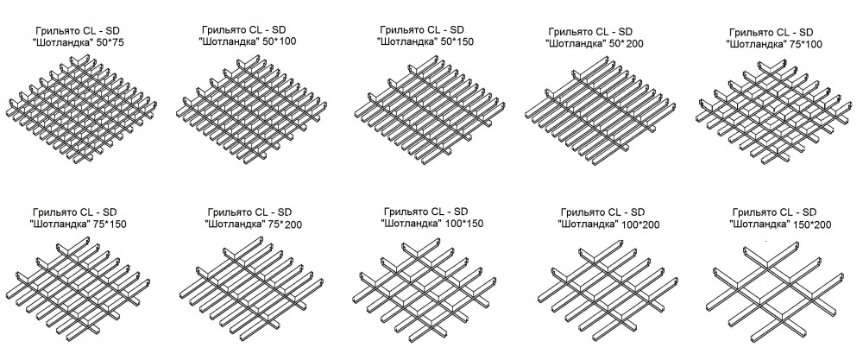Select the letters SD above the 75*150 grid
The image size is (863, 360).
click(x=110, y=212)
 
